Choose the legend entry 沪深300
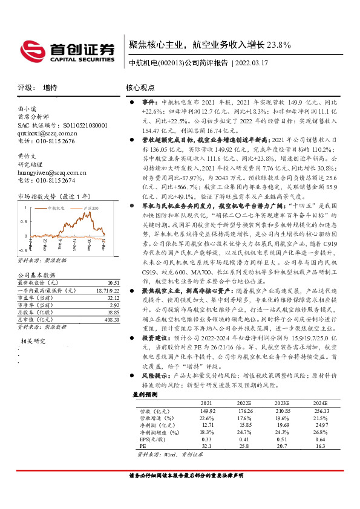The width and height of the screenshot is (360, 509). click(x=91, y=208)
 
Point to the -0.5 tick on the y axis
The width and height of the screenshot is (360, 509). click(x=22, y=249)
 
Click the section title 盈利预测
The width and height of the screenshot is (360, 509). click(x=145, y=394)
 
